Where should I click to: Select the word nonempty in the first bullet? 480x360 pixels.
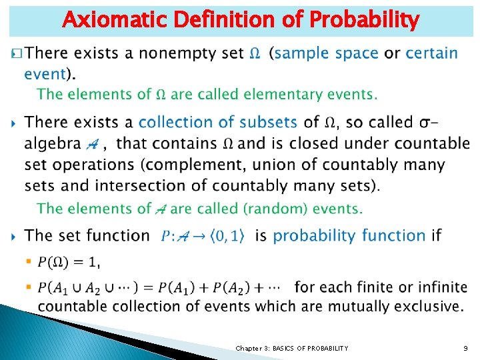point(199,53)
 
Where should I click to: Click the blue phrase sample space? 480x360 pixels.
point(327,53)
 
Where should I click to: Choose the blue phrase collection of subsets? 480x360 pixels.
point(218,122)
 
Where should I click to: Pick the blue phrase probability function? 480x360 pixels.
point(349,235)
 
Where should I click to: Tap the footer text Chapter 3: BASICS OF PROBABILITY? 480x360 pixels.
point(291,348)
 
